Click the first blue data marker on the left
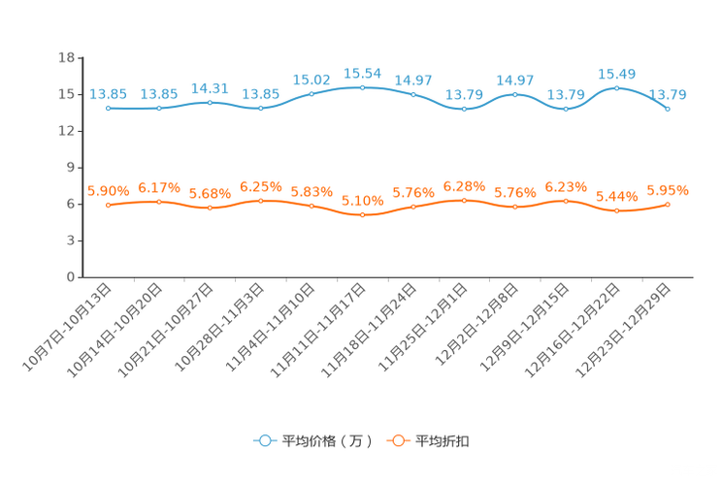[x=108, y=108]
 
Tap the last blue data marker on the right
[x=668, y=109]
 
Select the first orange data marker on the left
[x=108, y=206]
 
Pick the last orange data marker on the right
[x=668, y=204]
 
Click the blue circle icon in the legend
[x=264, y=440]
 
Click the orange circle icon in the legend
[x=397, y=440]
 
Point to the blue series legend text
[x=326, y=441]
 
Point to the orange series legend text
[x=443, y=441]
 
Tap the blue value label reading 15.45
[x=617, y=73]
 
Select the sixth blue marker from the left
[x=362, y=87]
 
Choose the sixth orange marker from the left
[x=362, y=214]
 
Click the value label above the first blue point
[x=108, y=94]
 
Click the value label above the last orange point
[x=668, y=189]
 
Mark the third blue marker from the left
[x=210, y=101]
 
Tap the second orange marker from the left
[x=158, y=202]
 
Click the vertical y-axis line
[x=78, y=165]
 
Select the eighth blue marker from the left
[x=464, y=109]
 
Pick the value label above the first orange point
[x=108, y=191]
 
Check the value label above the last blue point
[x=668, y=94]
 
